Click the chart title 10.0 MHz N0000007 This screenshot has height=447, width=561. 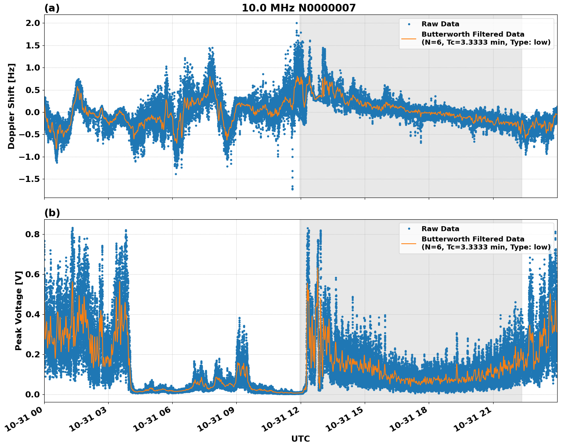pyautogui.click(x=298, y=8)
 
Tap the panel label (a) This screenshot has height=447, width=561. pyautogui.click(x=52, y=8)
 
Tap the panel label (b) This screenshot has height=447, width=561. pyautogui.click(x=52, y=213)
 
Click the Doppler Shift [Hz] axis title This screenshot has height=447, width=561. pyautogui.click(x=11, y=106)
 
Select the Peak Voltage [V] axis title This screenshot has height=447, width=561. pyautogui.click(x=18, y=310)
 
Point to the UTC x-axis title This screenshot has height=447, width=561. pyautogui.click(x=300, y=439)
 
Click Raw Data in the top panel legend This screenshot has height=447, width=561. pyautogui.click(x=440, y=24)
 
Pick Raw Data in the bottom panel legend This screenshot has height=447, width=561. pyautogui.click(x=440, y=229)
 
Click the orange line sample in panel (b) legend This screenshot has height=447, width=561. pyautogui.click(x=409, y=243)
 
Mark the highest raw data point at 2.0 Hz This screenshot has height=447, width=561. pyautogui.click(x=297, y=23)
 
